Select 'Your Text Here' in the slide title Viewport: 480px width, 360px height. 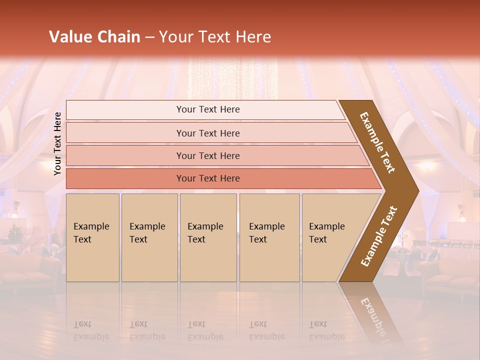point(215,37)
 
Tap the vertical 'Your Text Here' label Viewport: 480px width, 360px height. point(58,143)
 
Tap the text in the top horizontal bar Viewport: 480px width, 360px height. point(208,109)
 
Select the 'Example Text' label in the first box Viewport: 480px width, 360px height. point(91,233)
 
